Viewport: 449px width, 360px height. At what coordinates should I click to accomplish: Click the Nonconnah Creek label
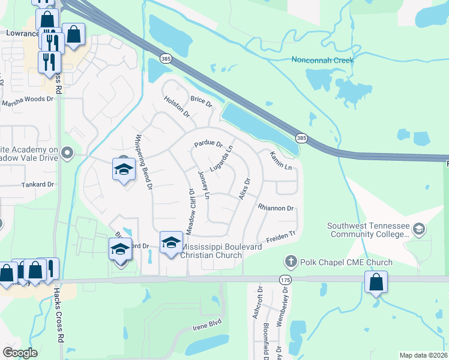[x=322, y=60]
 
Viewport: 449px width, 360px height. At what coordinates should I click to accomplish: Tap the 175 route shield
[x=285, y=280]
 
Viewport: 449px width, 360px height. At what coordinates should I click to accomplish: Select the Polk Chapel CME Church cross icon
[x=291, y=262]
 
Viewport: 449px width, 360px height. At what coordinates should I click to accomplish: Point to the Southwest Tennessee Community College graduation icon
[x=419, y=229]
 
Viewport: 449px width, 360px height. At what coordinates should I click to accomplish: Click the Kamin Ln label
[x=280, y=160]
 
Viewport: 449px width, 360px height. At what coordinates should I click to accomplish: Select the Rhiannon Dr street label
[x=276, y=208]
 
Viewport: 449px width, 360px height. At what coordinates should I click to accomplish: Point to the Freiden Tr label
[x=282, y=237]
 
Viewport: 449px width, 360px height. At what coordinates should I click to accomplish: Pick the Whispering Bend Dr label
[x=142, y=160]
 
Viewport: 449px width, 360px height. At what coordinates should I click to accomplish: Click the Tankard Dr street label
[x=37, y=185]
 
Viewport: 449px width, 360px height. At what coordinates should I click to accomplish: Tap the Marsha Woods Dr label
[x=27, y=100]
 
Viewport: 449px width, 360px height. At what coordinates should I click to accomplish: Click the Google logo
[x=20, y=352]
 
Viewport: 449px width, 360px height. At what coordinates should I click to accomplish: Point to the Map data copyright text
[x=423, y=355]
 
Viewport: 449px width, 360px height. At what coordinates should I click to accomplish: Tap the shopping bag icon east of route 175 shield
[x=375, y=282]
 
